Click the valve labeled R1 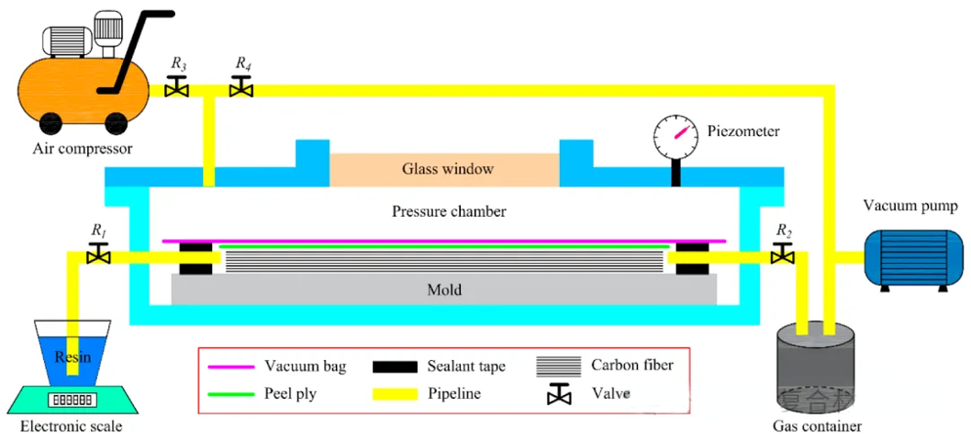point(95,254)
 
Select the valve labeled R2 point(783,254)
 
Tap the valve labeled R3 point(177,88)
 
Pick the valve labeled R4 point(242,88)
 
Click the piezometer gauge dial point(675,137)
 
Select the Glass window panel point(444,169)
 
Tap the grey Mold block point(444,289)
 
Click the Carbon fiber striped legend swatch point(557,367)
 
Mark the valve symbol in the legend point(557,395)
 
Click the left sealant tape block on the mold point(195,259)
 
